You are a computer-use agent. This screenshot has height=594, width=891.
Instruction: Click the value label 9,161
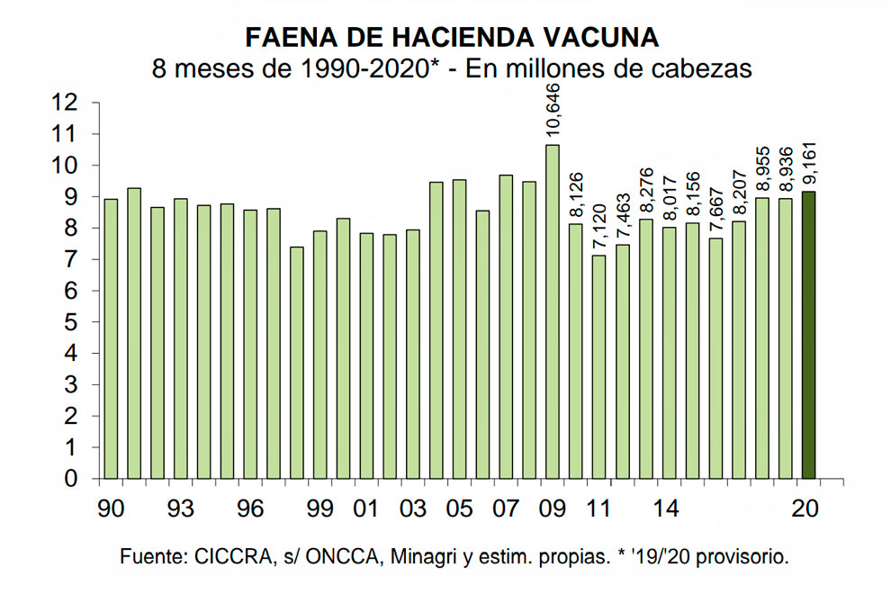point(809,157)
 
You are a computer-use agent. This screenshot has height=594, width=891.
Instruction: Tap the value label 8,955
point(762,165)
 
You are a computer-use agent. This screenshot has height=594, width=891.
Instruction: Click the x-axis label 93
point(180,508)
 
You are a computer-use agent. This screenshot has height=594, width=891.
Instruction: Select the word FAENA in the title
point(283,37)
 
